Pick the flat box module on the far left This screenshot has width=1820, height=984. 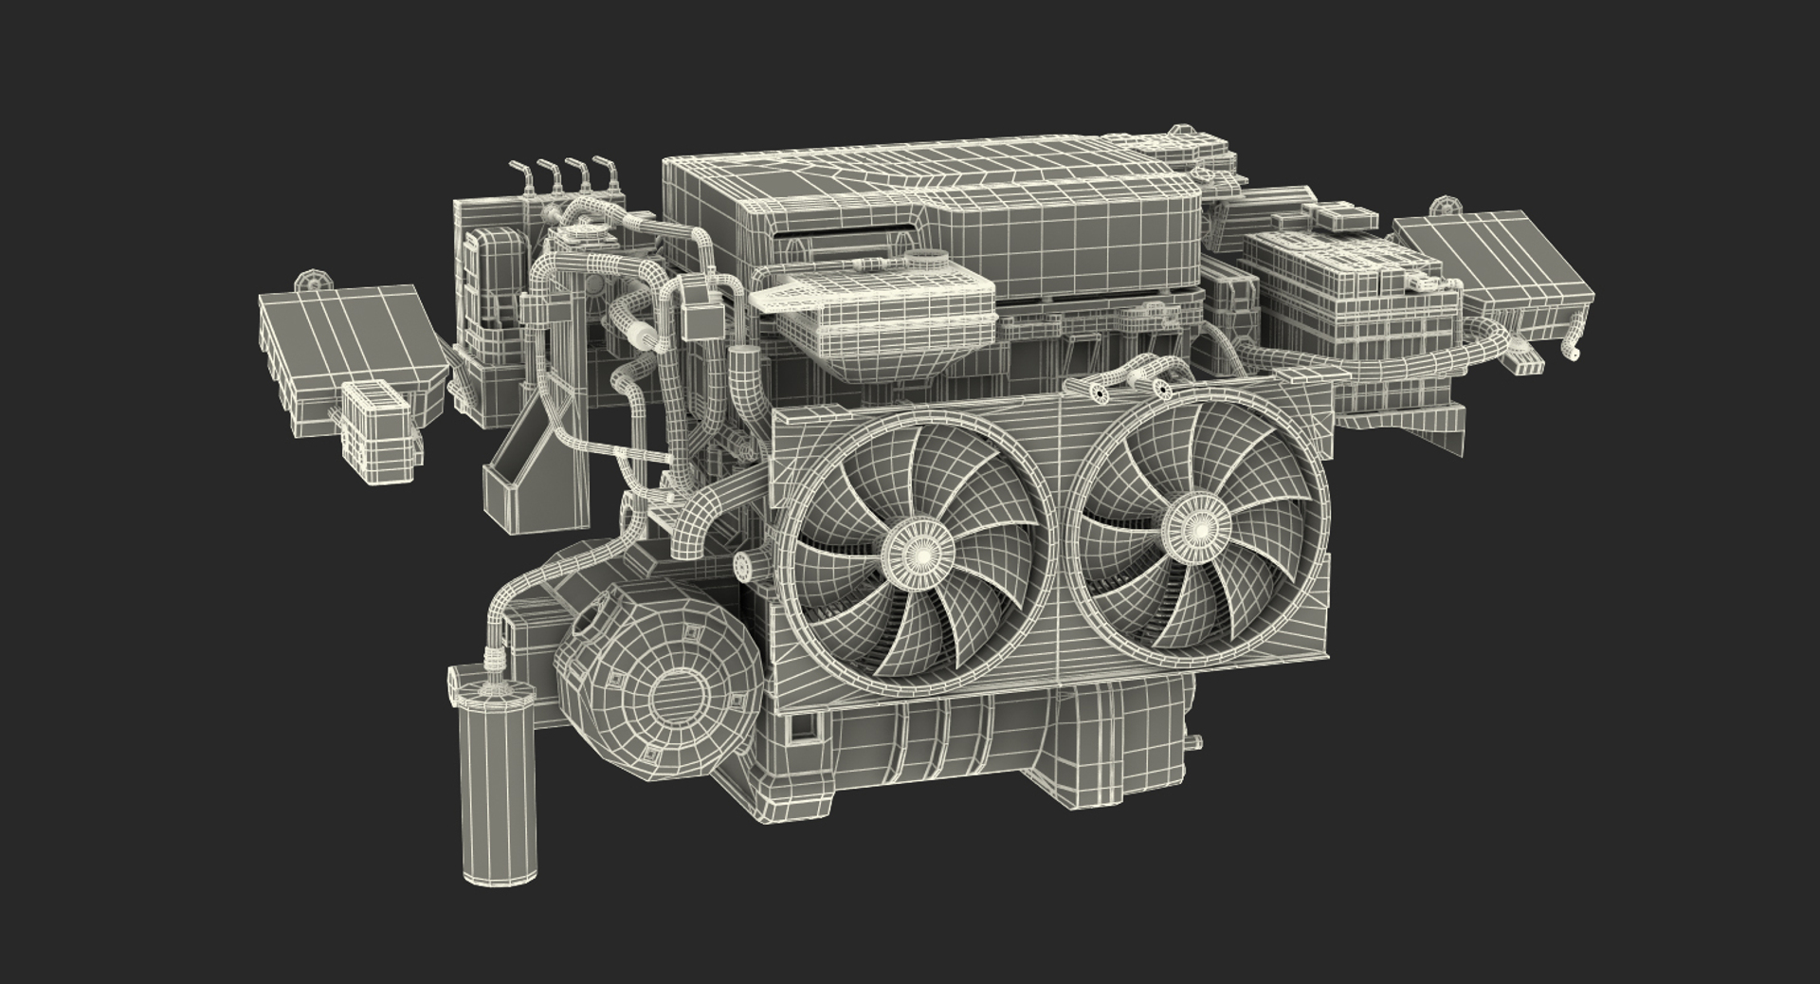[x=351, y=341]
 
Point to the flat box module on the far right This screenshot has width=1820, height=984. [x=1493, y=275]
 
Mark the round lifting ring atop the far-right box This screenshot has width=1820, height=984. [x=1444, y=207]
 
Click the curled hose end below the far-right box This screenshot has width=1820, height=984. [x=1570, y=351]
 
